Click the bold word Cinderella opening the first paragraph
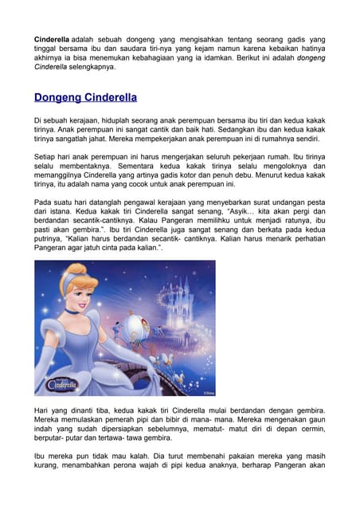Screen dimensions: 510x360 (52, 38)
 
